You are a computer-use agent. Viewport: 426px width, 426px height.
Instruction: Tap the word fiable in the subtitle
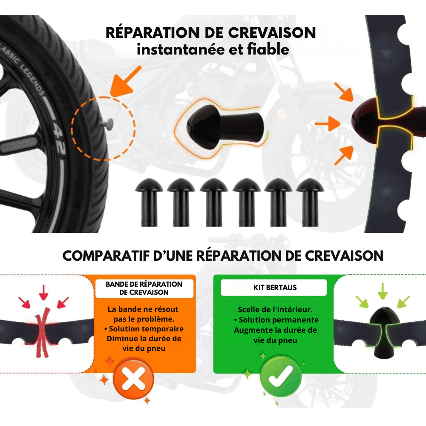pyautogui.click(x=268, y=49)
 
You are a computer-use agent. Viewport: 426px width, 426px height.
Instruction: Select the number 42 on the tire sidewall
pyautogui.click(x=59, y=130)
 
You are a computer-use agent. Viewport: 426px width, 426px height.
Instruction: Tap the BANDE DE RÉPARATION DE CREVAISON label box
pyautogui.click(x=144, y=288)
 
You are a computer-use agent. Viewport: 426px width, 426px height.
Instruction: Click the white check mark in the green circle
pyautogui.click(x=280, y=375)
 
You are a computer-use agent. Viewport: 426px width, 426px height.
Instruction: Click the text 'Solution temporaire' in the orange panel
pyautogui.click(x=146, y=329)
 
